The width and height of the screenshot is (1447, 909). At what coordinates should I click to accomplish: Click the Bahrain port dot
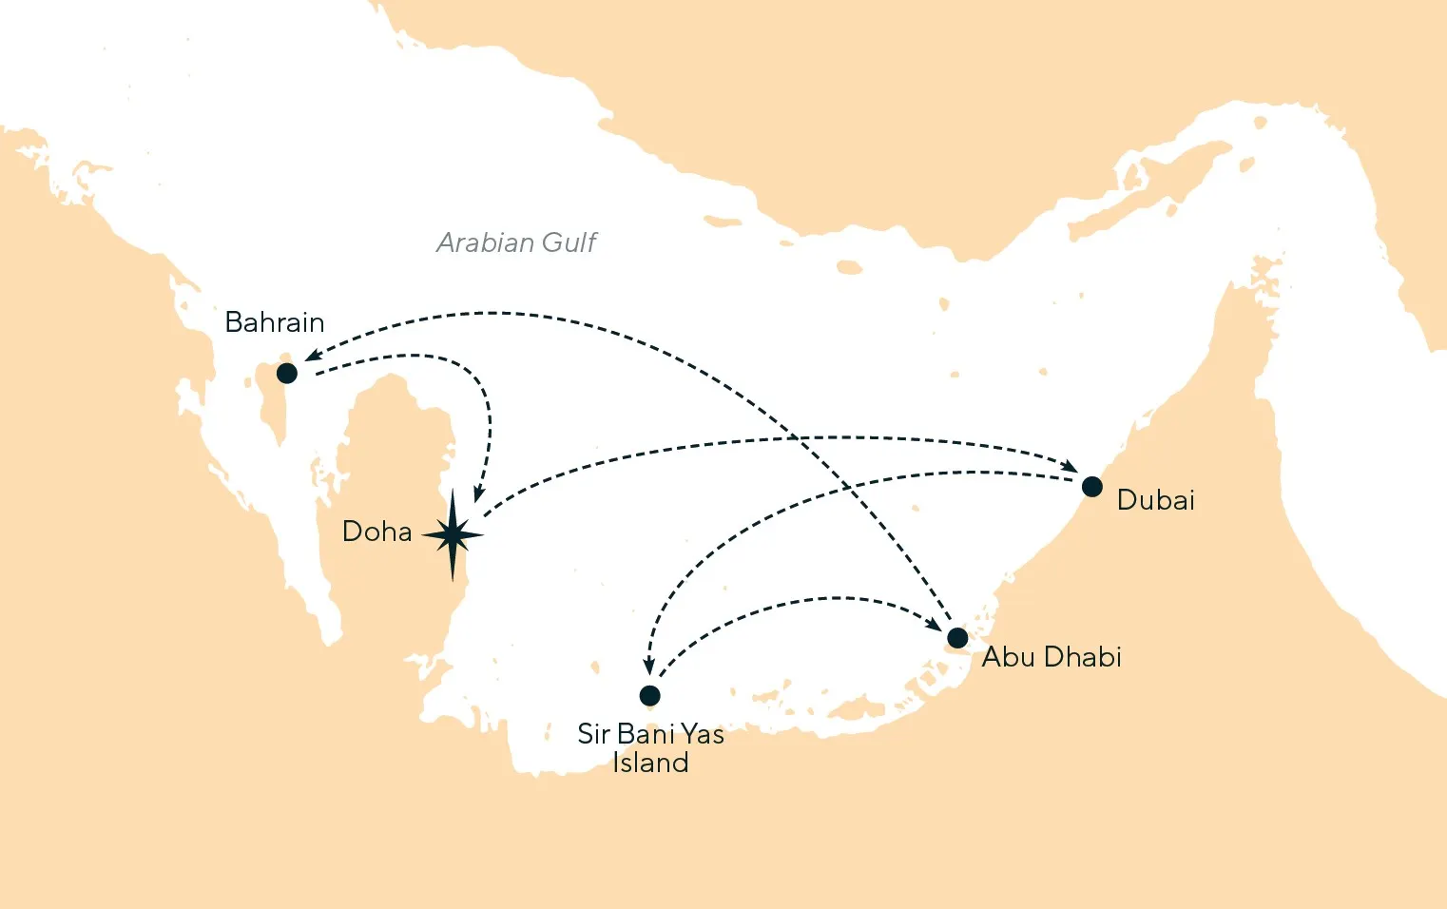tap(286, 373)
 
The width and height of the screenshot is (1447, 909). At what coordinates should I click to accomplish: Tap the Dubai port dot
tap(1091, 487)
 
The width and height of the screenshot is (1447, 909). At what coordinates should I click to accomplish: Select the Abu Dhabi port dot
tap(957, 637)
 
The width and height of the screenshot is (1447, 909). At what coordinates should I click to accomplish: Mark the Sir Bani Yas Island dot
tap(649, 695)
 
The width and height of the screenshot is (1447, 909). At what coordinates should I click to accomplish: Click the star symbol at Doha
tap(453, 535)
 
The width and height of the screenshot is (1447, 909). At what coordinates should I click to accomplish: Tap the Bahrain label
tap(274, 322)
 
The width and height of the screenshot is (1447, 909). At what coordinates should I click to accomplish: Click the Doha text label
tap(376, 532)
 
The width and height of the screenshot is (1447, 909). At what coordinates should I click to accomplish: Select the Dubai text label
tap(1155, 500)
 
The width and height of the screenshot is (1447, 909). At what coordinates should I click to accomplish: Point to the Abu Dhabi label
tap(1051, 657)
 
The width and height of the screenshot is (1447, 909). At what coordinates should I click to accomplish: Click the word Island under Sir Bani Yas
tap(650, 763)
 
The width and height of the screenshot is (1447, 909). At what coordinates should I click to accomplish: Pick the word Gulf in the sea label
tap(569, 243)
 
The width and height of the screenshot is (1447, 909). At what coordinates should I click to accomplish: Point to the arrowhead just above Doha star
tap(479, 494)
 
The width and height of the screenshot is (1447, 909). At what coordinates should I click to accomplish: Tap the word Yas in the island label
tap(702, 735)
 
